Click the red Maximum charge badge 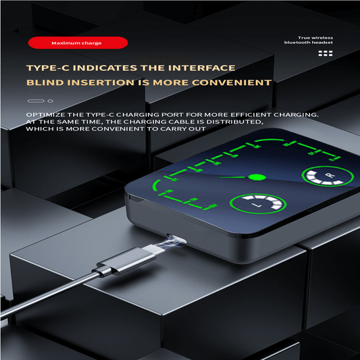click(78, 43)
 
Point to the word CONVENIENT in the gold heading click(232, 82)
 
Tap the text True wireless click(315, 38)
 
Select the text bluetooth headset click(309, 43)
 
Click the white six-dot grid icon click(326, 53)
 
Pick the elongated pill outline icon click(36, 101)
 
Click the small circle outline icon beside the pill click(50, 101)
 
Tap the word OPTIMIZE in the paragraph click(45, 115)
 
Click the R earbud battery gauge click(328, 176)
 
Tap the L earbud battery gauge click(258, 204)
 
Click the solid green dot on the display click(257, 177)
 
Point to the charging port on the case click(177, 239)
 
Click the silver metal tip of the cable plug click(153, 249)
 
